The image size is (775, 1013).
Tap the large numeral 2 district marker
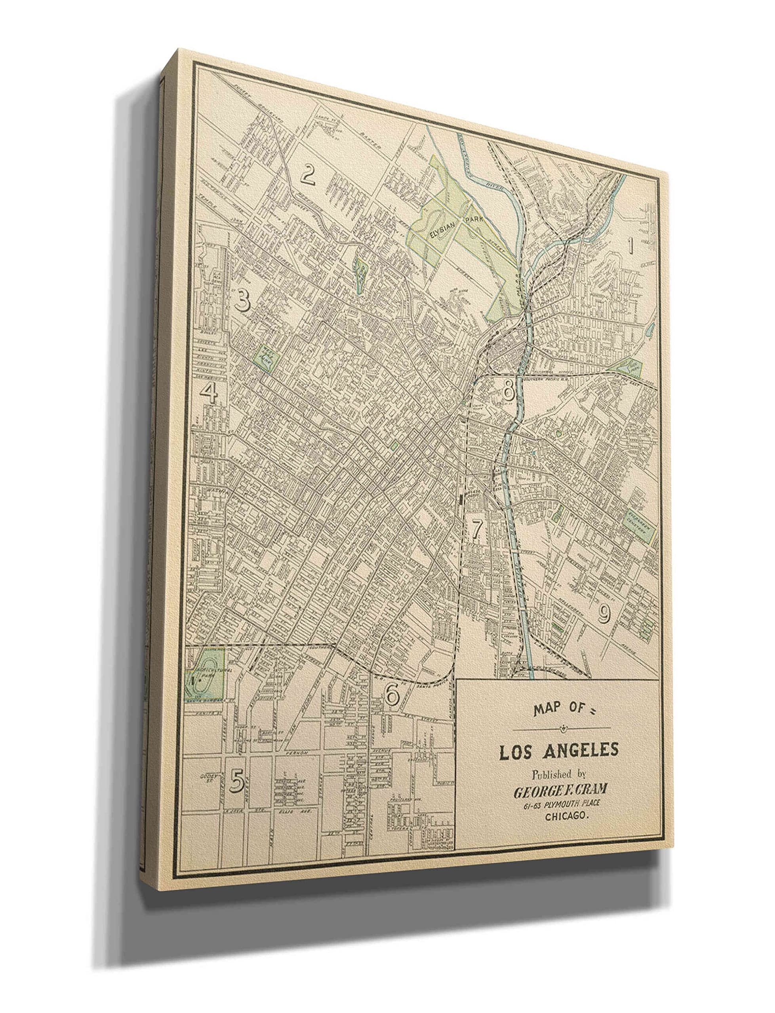(x=308, y=176)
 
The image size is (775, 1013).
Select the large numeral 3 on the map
(x=243, y=301)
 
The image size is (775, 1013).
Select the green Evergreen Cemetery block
(x=640, y=526)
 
